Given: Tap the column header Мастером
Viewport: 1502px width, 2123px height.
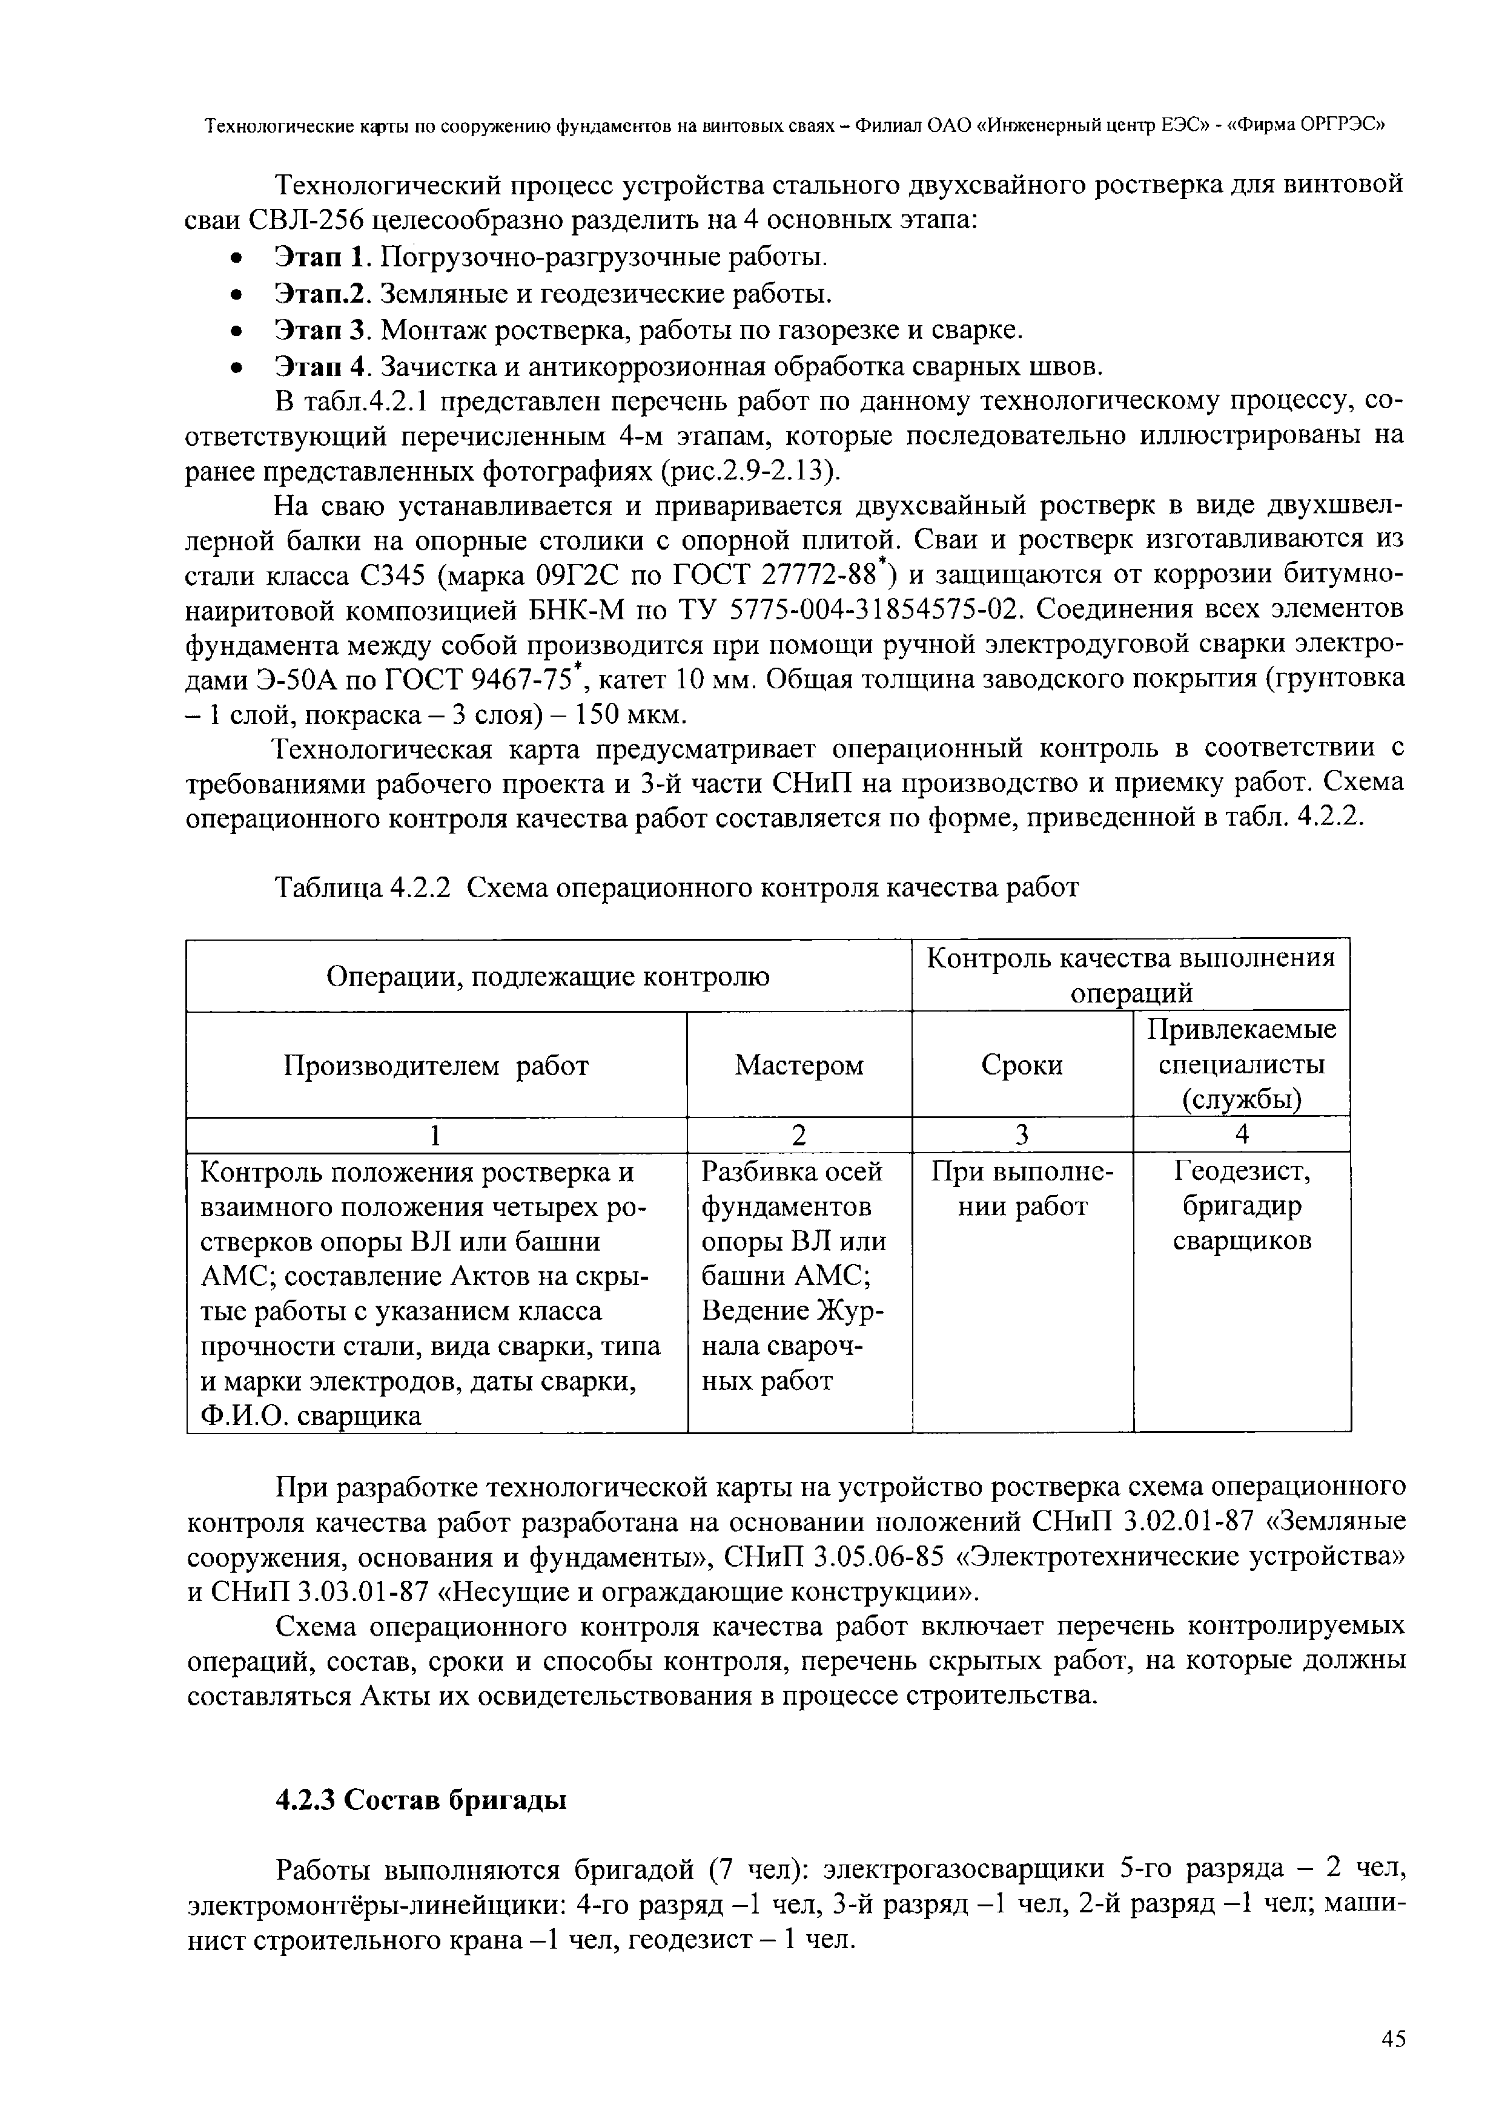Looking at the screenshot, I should [x=799, y=1065].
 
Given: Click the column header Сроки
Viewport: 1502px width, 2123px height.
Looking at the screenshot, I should [x=1022, y=1065].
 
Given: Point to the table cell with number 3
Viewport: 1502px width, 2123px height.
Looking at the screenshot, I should [x=1022, y=1134].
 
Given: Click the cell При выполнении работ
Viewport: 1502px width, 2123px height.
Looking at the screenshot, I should [x=1022, y=1189].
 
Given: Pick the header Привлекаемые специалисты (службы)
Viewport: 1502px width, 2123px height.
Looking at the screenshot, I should [x=1242, y=1065].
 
